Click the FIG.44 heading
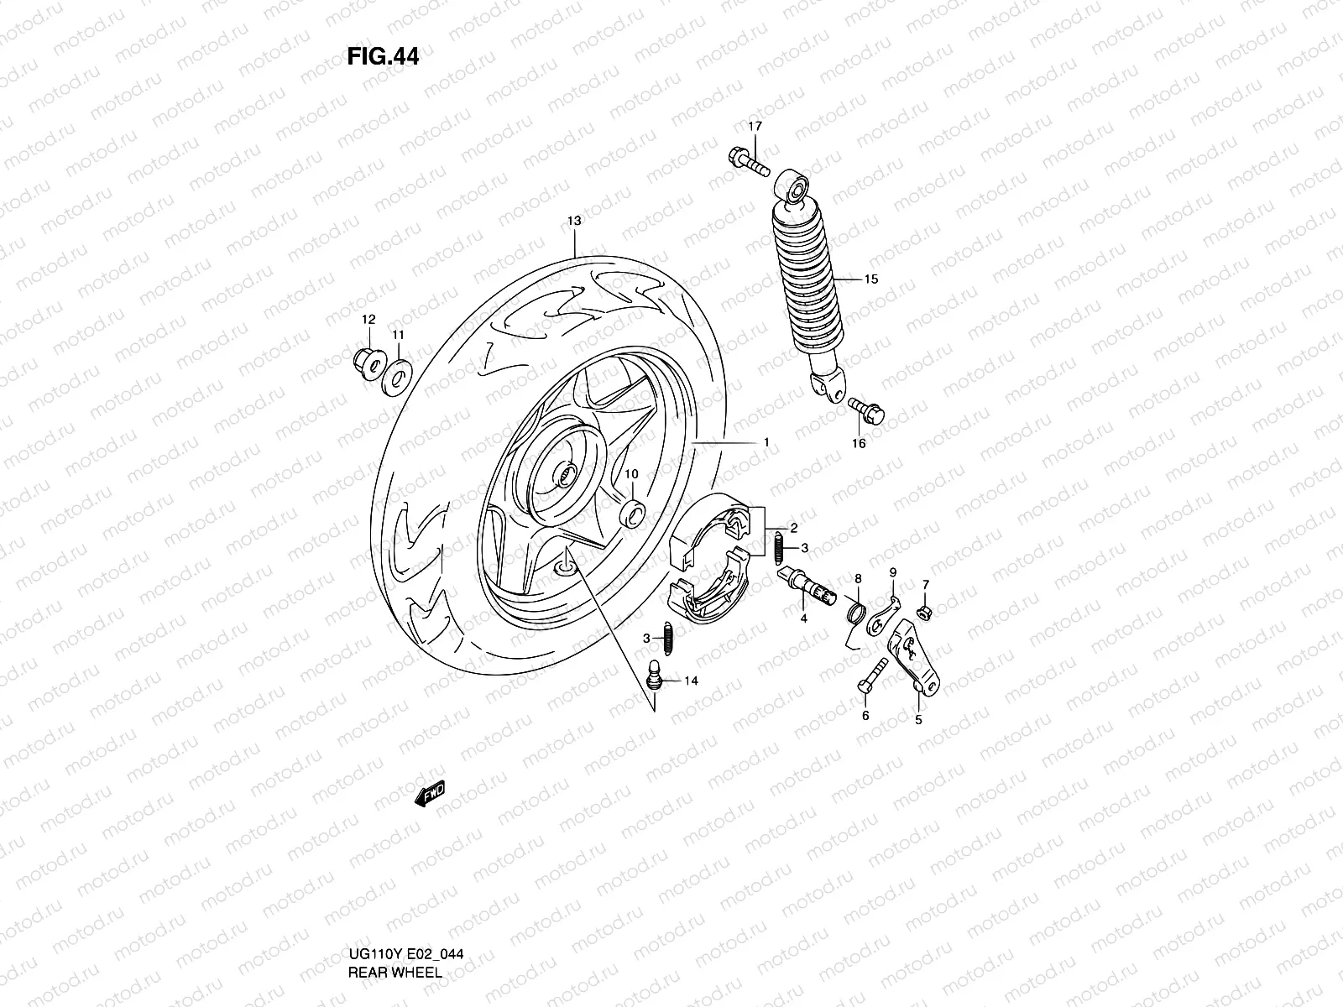point(383,56)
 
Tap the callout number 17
point(755,127)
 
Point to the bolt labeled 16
point(865,410)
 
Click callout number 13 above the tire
point(573,221)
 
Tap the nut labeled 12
point(366,365)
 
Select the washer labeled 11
point(395,377)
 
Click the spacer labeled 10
point(631,511)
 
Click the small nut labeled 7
point(925,613)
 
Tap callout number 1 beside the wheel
point(766,442)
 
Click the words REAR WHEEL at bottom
point(395,903)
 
